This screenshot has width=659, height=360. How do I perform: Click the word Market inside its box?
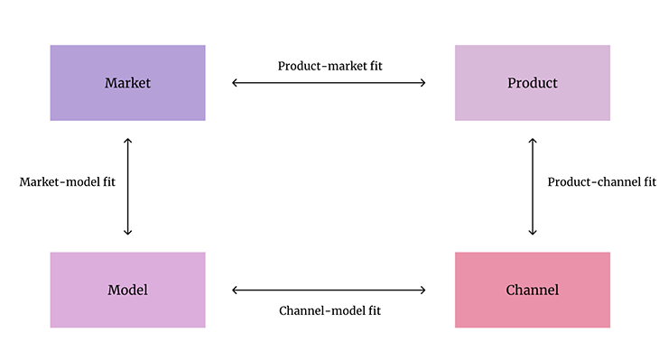click(x=127, y=83)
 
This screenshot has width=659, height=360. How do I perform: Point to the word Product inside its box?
click(x=533, y=83)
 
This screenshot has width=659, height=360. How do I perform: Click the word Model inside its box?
click(x=127, y=290)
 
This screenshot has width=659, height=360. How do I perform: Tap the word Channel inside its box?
click(x=533, y=290)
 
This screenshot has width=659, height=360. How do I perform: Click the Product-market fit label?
click(x=329, y=66)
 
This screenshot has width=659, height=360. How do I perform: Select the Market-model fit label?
click(x=68, y=181)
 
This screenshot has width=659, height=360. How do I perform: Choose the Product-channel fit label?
click(x=602, y=181)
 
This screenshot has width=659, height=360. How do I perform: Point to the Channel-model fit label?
click(x=329, y=310)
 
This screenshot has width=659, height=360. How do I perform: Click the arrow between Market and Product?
click(x=329, y=83)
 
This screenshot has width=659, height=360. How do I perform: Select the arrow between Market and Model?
click(x=128, y=187)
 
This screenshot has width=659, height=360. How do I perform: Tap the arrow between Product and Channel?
click(x=533, y=187)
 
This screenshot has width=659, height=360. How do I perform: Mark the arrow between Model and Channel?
click(x=329, y=290)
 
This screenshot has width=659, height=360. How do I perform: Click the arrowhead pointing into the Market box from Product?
click(x=236, y=83)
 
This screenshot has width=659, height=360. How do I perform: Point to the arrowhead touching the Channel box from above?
click(x=533, y=232)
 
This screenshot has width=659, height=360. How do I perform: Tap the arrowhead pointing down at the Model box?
click(x=128, y=232)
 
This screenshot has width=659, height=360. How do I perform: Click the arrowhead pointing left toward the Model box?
click(x=236, y=290)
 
